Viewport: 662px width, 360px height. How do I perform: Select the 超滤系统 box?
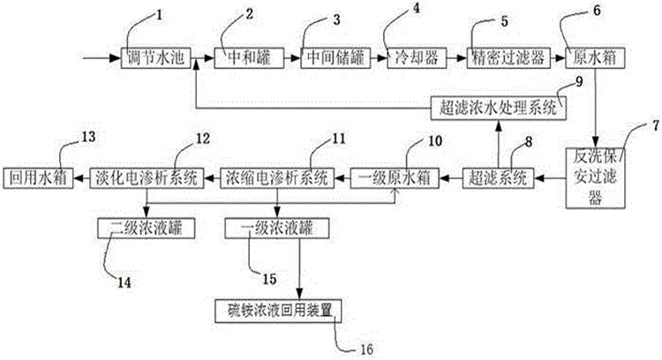pos(498,177)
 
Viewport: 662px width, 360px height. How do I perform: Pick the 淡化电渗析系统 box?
pos(146,177)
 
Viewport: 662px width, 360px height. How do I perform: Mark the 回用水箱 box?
pos(34,177)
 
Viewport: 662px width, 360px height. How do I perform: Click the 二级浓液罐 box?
pos(145,227)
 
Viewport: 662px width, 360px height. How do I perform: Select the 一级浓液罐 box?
pos(276,227)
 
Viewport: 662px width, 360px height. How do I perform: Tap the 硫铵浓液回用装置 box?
pos(278,311)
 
